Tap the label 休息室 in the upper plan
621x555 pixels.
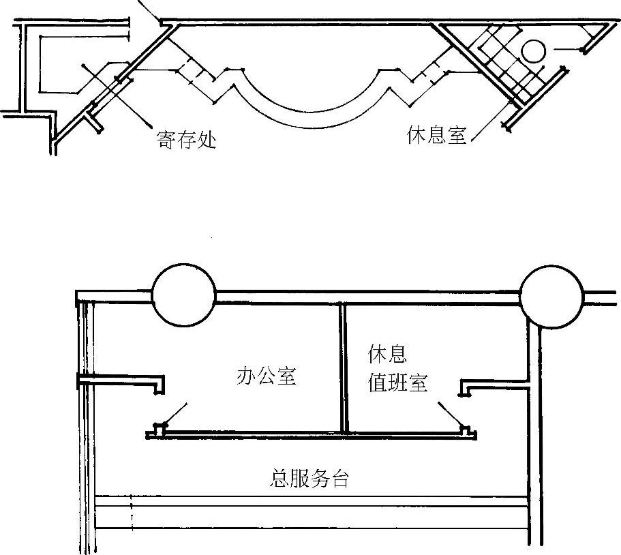tap(436, 136)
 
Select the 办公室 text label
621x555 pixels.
tap(266, 376)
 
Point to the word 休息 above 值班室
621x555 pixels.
tap(387, 355)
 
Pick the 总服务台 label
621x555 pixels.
tap(309, 479)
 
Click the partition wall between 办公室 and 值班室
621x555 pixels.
tap(343, 368)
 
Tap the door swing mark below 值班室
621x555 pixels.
tap(451, 414)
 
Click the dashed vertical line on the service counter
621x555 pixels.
tap(131, 513)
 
